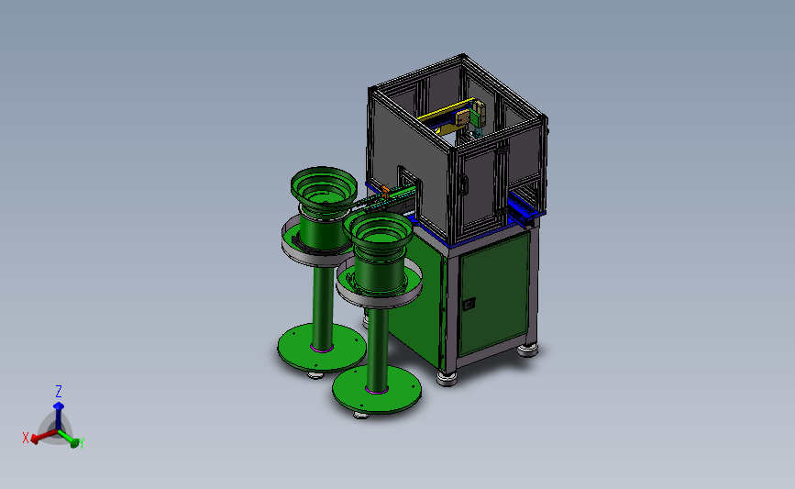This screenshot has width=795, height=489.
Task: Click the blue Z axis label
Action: click(x=59, y=391)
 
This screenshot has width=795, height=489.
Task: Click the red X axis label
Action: click(x=26, y=438)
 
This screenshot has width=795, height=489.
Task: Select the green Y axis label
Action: click(x=81, y=443)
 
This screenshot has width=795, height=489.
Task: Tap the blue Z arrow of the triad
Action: click(x=59, y=416)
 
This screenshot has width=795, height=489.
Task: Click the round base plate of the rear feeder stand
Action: click(x=322, y=348)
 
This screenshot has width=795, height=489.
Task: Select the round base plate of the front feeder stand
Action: click(x=377, y=390)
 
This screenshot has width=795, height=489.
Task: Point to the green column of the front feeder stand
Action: click(x=378, y=350)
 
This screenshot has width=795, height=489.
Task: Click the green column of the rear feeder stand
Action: click(x=323, y=308)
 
